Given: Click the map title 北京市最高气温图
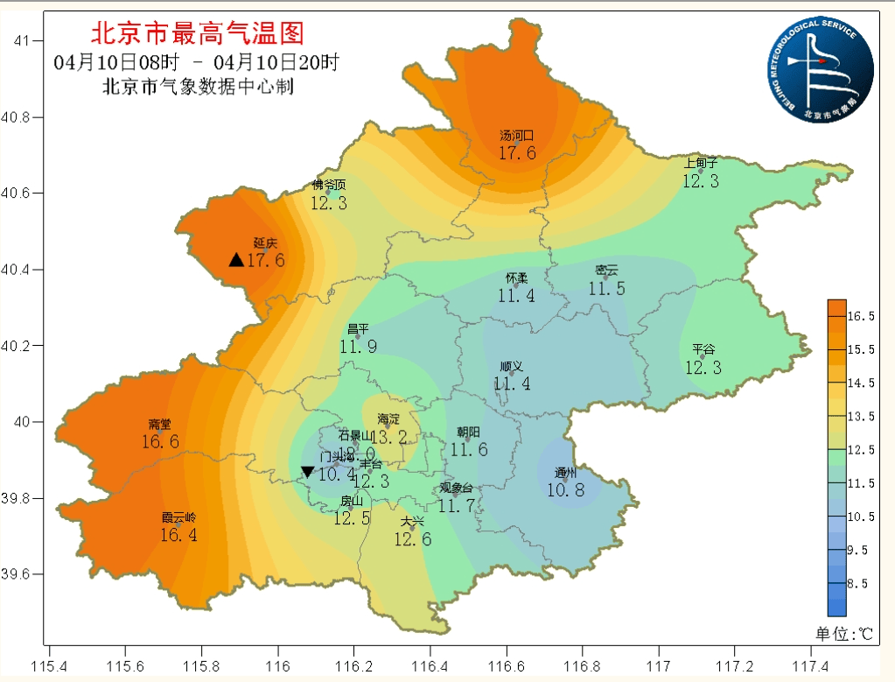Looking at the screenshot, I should coord(197,34).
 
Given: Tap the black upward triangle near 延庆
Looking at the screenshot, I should coord(236,260).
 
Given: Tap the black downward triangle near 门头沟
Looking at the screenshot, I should coord(307,472).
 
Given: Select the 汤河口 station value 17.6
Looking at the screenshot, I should coord(517,152).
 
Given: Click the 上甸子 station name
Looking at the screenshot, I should coord(701,163).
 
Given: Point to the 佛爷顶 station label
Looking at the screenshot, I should coord(329,185).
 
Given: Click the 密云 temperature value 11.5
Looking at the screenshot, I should coord(606,288).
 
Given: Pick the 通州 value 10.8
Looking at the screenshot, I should coord(565,489).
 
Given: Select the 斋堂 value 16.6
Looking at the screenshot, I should coord(160,442).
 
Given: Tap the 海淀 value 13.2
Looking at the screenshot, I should coord(388,436).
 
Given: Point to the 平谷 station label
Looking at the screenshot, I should coord(703,348).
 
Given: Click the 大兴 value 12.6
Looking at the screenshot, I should coord(413,538).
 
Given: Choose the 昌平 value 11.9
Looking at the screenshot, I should coord(358,346).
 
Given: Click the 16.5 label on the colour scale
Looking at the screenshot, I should coord(863,315).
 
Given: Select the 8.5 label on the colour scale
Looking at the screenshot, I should coord(863,583).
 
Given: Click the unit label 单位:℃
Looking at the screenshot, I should coord(845,633).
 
